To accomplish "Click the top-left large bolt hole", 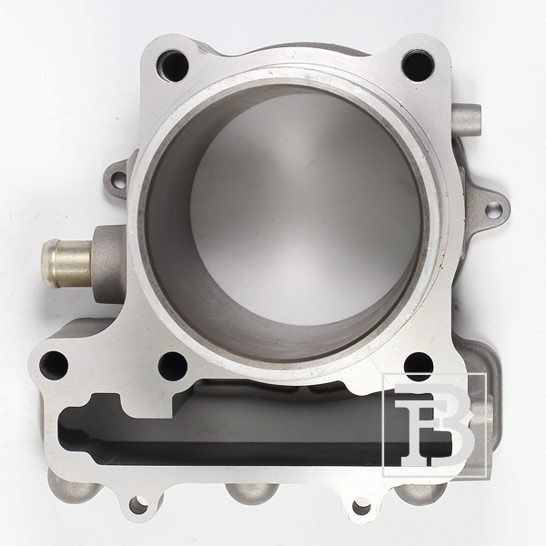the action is [172, 66].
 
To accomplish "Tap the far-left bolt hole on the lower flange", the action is [54, 365].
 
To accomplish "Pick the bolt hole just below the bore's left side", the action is [173, 367].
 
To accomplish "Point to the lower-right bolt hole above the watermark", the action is [419, 366].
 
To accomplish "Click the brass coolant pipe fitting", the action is [66, 263].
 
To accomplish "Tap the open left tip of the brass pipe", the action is [48, 263].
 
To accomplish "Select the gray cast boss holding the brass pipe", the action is [108, 264].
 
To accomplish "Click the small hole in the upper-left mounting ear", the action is [118, 178].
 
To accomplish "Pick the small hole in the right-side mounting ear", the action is [493, 209].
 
